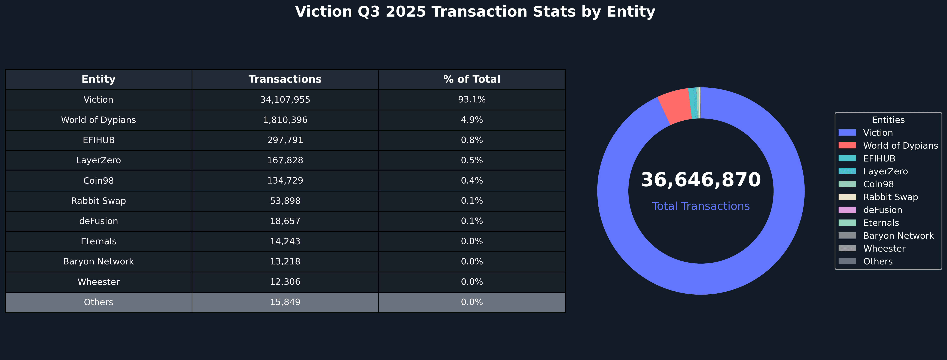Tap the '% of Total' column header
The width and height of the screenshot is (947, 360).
pos(472,80)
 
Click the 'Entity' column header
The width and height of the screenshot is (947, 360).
pos(99,80)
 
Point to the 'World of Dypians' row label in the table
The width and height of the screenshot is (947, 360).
pos(99,120)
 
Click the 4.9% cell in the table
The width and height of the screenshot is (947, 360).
pos(472,120)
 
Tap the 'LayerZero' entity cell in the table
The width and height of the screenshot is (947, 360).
pos(99,160)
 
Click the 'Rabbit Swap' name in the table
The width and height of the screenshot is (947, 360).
pos(99,201)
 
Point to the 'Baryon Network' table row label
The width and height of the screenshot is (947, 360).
pos(99,261)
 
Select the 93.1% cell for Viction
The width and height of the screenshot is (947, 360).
pos(472,100)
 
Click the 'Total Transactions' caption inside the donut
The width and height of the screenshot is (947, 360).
pos(701,206)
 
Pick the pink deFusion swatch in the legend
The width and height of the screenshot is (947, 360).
pos(847,210)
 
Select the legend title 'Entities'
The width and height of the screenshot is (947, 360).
pos(888,120)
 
